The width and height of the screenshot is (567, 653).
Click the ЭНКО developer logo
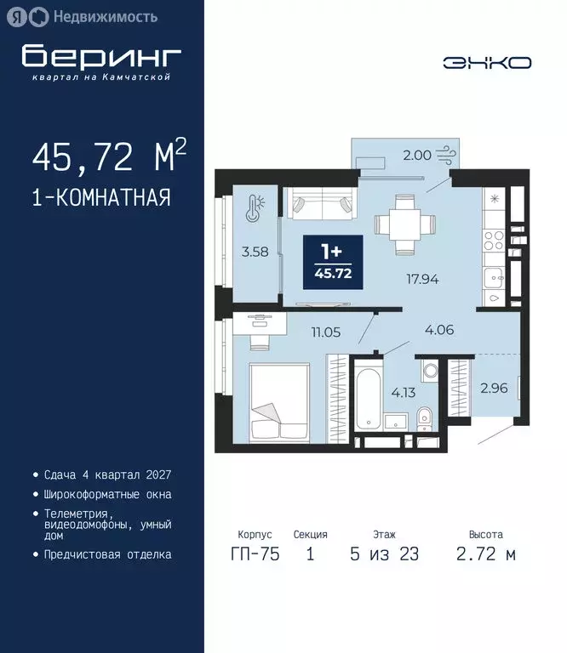(487, 62)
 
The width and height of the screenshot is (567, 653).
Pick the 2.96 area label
(495, 389)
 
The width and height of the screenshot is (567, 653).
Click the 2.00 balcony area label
(416, 156)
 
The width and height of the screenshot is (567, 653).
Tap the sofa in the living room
(319, 203)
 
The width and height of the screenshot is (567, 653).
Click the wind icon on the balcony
(447, 155)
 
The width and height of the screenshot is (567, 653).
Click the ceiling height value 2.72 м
(484, 554)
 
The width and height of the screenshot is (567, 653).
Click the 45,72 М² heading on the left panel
(108, 156)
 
